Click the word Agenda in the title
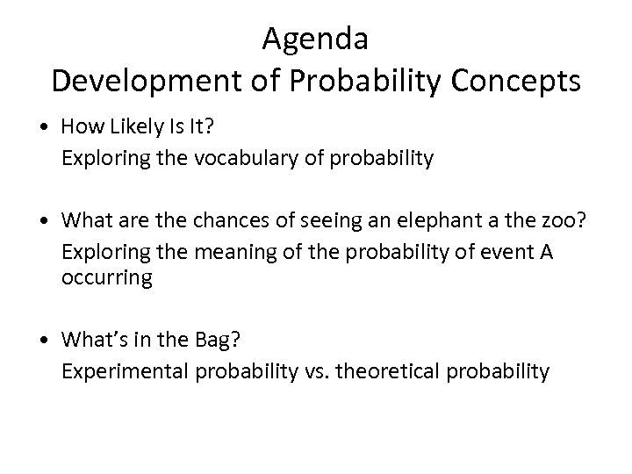click(x=315, y=40)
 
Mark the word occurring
click(x=106, y=278)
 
